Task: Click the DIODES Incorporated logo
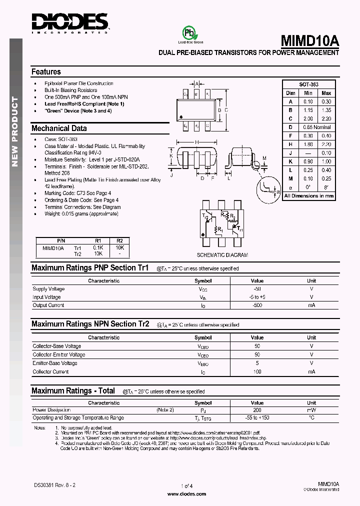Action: click(70, 23)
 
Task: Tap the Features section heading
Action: click(46, 72)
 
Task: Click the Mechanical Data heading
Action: click(59, 128)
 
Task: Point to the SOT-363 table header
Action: click(308, 84)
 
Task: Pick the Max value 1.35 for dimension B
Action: click(326, 110)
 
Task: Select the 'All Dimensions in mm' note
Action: click(308, 196)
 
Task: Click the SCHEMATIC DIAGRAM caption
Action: click(222, 255)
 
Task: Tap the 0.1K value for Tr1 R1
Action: click(98, 247)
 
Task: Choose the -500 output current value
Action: click(257, 305)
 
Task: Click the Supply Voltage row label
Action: click(48, 289)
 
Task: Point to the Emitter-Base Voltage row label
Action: click(55, 363)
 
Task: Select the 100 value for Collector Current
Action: click(257, 371)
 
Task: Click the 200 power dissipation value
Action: click(257, 409)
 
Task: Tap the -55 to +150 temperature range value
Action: click(257, 417)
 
